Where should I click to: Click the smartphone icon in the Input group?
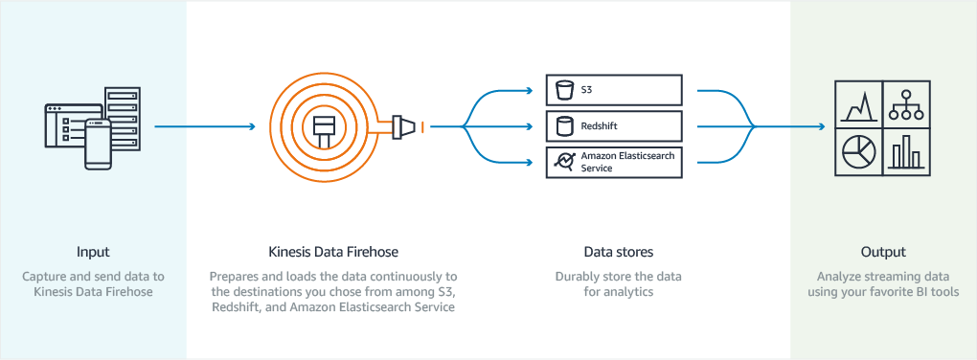(99, 144)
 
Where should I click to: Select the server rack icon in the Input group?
(122, 115)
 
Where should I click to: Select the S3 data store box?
(613, 91)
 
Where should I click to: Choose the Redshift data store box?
(613, 126)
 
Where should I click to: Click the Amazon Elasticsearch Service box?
(613, 162)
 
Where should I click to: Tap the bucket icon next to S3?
(564, 91)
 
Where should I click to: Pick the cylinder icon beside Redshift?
(564, 126)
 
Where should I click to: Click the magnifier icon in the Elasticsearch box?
(564, 162)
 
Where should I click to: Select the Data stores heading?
(618, 253)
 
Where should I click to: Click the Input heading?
(93, 253)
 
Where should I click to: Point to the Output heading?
(882, 253)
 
